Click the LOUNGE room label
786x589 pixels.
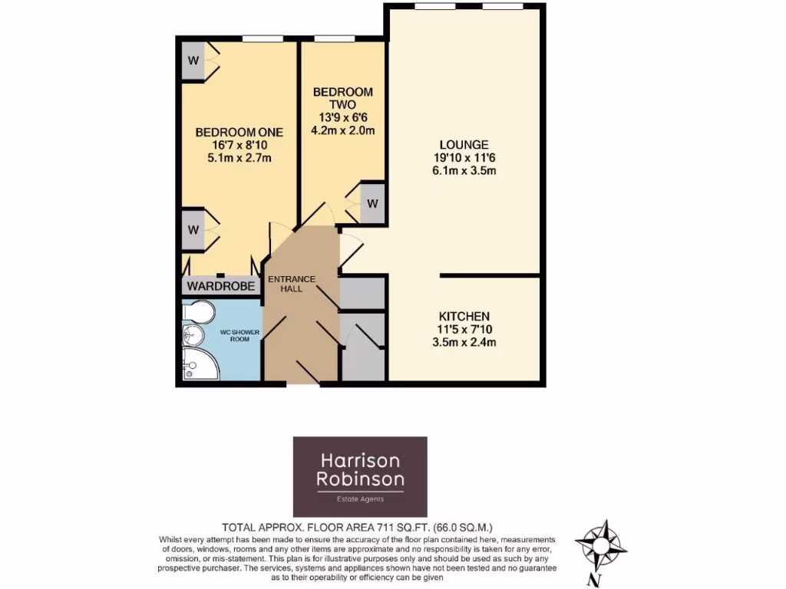[x=464, y=144]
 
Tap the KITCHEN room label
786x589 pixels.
[x=464, y=316]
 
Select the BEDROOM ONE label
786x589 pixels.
[x=239, y=131]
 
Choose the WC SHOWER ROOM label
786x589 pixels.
[x=241, y=335]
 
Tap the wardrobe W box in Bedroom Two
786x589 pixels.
[x=372, y=204]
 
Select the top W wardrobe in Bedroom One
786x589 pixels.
[x=193, y=61]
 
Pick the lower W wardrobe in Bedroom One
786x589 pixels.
[x=193, y=229]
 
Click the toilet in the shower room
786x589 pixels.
[x=201, y=313]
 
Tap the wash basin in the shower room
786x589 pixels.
[x=190, y=334]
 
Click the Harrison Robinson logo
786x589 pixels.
[x=360, y=476]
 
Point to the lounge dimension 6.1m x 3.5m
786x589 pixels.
[x=464, y=171]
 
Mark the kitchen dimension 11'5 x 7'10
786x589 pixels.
[x=464, y=329]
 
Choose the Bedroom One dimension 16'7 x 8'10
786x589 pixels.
[x=239, y=145]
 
